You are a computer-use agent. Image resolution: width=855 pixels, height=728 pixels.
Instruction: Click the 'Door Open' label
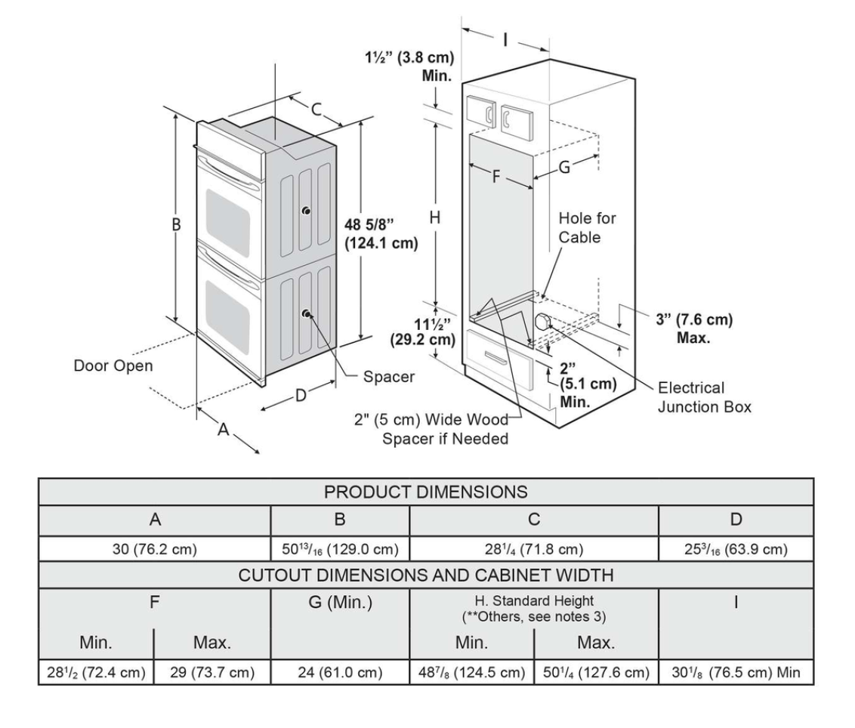pos(113,366)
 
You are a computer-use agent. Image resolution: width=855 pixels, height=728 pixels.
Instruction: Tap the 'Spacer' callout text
pos(389,376)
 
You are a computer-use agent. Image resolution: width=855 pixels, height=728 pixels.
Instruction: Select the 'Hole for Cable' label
pos(587,227)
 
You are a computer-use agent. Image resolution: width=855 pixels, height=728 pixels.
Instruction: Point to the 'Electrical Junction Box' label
pos(705,396)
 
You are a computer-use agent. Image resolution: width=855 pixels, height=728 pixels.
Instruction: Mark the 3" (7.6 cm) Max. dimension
pos(693,328)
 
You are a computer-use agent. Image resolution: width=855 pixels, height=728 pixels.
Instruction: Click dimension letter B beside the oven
pos(176,224)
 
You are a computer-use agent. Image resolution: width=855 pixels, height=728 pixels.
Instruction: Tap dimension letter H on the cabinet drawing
pos(434,217)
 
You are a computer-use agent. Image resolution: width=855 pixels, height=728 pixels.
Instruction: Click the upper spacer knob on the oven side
pos(305,211)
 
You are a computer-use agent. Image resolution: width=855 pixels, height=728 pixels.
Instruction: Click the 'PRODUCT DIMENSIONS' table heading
pos(426,492)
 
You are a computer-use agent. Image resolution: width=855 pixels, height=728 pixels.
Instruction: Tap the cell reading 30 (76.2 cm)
pos(154,549)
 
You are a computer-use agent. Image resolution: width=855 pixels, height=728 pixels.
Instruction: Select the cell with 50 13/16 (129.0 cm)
pos(340,549)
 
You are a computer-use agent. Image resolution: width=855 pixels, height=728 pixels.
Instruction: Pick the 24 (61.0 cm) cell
pos(340,672)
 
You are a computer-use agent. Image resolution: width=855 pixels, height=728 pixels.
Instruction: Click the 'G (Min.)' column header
pos(340,605)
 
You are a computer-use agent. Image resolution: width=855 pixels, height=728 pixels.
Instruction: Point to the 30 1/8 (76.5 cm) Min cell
pos(736,672)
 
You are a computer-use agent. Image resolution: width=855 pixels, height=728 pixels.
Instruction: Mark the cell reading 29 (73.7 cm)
pos(212,672)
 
